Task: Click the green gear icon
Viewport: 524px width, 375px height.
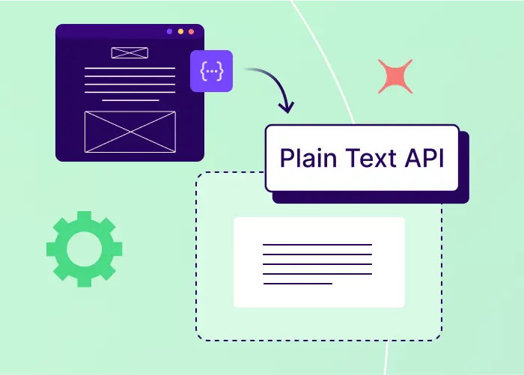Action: tap(84, 249)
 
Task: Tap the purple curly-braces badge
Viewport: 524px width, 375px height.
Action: tap(212, 70)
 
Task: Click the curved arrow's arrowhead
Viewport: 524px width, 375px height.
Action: tap(286, 109)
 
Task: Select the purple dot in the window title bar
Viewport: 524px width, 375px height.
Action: tap(169, 31)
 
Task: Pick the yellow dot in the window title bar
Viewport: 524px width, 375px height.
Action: tap(180, 31)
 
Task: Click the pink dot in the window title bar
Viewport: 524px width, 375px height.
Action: tap(192, 31)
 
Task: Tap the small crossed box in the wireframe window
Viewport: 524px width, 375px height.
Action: tap(130, 52)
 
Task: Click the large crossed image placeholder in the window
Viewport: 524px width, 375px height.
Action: tap(130, 132)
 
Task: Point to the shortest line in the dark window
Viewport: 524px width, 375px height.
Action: tap(130, 100)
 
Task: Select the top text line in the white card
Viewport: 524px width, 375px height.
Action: tap(317, 245)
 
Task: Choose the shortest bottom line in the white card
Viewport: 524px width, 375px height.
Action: tap(297, 284)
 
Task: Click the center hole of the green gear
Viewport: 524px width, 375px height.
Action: tap(84, 249)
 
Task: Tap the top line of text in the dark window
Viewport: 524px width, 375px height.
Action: tap(130, 68)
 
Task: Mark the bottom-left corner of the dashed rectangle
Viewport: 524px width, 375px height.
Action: tap(197, 340)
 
